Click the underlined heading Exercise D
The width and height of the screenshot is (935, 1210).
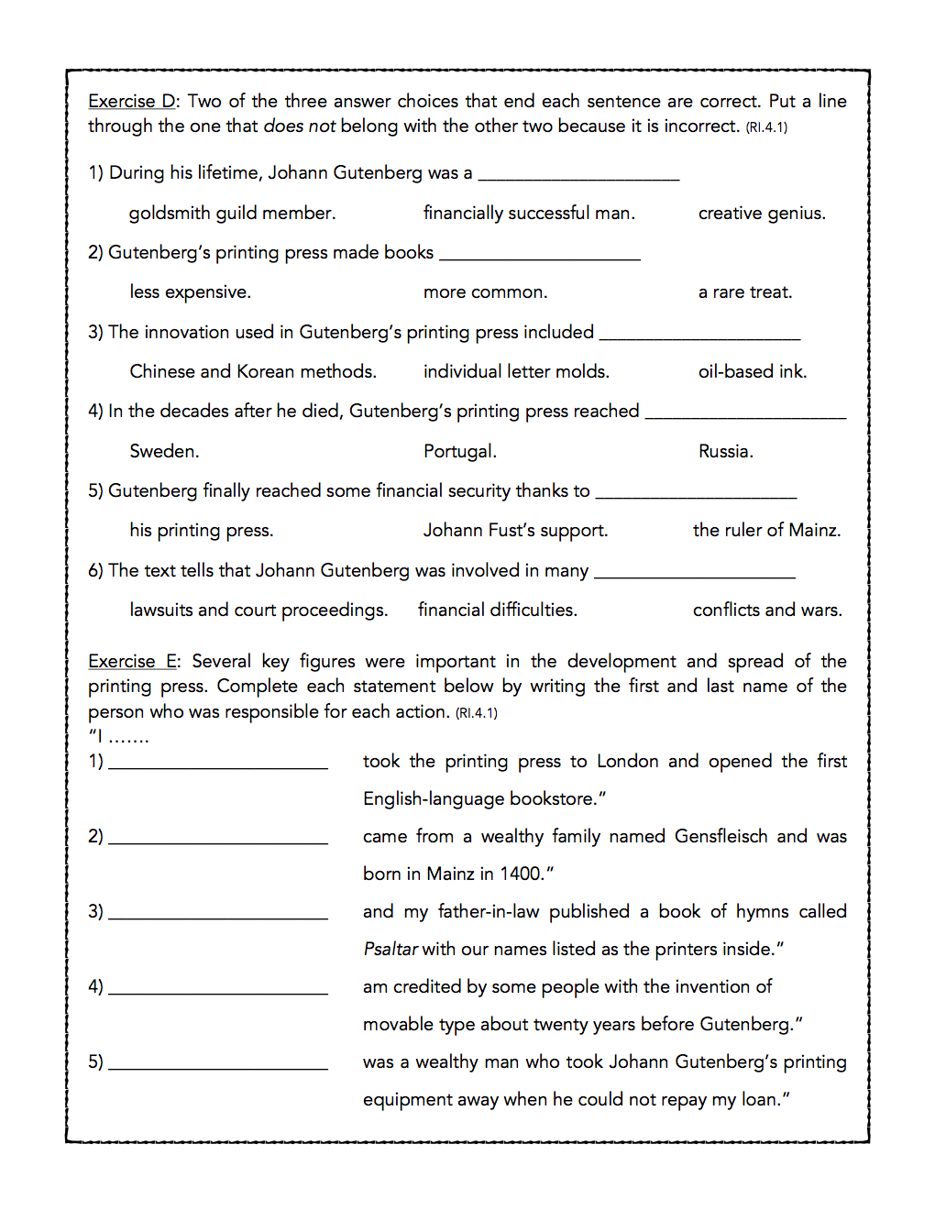pyautogui.click(x=131, y=102)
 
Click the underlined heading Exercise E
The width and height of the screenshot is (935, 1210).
pyautogui.click(x=134, y=662)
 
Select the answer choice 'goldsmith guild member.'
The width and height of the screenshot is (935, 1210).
pyautogui.click(x=232, y=214)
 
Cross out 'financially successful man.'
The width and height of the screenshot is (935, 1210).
pyautogui.click(x=529, y=214)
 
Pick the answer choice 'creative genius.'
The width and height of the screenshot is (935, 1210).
pyautogui.click(x=762, y=214)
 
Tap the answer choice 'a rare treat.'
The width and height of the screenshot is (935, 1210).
pyautogui.click(x=744, y=292)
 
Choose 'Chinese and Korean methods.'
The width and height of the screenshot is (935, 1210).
pyautogui.click(x=253, y=372)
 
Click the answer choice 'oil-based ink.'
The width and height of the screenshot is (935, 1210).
pyautogui.click(x=753, y=372)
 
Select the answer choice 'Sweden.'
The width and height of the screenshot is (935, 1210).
pyautogui.click(x=164, y=452)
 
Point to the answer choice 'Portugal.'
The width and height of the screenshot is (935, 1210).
pyautogui.click(x=459, y=452)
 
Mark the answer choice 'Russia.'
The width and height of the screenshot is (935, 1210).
pyautogui.click(x=725, y=452)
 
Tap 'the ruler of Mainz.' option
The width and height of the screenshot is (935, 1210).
pyautogui.click(x=766, y=531)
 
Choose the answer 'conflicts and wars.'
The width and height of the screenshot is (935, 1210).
pyautogui.click(x=767, y=610)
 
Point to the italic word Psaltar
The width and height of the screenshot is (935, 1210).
pyautogui.click(x=390, y=950)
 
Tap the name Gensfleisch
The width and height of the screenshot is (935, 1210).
pyautogui.click(x=720, y=837)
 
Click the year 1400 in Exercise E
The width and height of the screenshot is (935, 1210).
pyautogui.click(x=521, y=874)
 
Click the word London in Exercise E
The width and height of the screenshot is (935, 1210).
pyautogui.click(x=627, y=762)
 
